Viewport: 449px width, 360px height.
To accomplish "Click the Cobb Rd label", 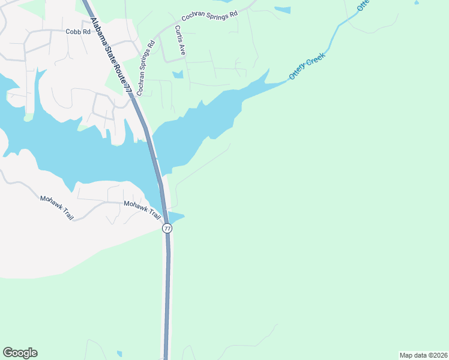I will (x=77, y=32).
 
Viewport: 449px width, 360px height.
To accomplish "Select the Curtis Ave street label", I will (x=179, y=41).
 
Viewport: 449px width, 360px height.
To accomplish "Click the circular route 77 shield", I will (x=167, y=229).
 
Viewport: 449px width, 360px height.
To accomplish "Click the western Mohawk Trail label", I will (x=56, y=208).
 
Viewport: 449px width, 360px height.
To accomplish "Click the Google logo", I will (x=20, y=353).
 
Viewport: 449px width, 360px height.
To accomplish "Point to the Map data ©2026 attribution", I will (x=423, y=355).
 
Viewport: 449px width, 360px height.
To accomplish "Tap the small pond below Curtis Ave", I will (x=177, y=75).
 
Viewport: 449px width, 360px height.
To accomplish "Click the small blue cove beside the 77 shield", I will (x=176, y=217).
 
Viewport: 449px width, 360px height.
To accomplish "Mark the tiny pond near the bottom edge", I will (x=119, y=353).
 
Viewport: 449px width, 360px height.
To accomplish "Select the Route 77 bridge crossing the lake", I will (x=157, y=162).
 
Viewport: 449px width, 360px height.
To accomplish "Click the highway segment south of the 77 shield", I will (x=167, y=288).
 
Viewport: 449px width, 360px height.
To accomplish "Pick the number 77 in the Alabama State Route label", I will (x=127, y=88).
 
